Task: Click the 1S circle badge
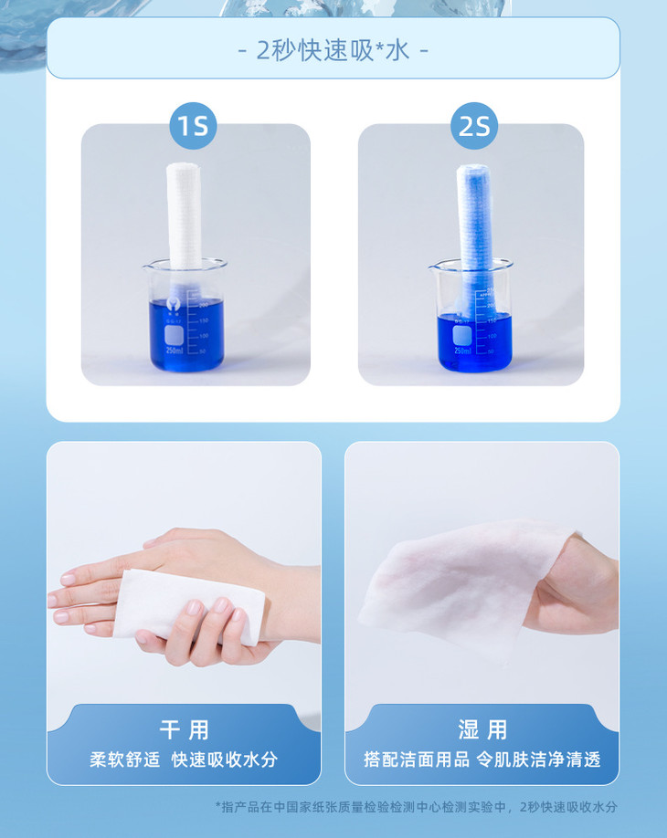click(193, 126)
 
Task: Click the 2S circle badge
click(474, 126)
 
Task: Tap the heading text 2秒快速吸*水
click(333, 51)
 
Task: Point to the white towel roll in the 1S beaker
click(185, 225)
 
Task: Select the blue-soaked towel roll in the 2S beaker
click(474, 236)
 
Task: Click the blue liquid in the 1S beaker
click(186, 336)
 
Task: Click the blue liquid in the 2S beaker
click(475, 343)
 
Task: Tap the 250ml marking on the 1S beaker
click(175, 350)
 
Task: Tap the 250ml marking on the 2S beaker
click(462, 351)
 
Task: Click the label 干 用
click(184, 730)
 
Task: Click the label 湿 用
click(482, 730)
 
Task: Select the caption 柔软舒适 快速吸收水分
click(184, 759)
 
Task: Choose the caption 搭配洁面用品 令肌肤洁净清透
click(482, 759)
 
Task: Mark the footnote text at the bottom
click(416, 806)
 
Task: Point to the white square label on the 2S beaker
click(462, 335)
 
